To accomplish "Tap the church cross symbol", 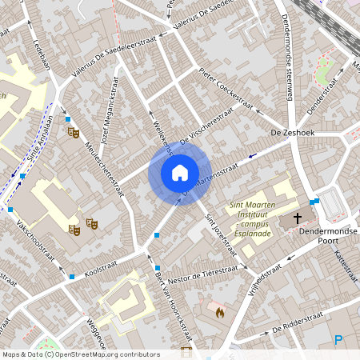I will [x=298, y=218].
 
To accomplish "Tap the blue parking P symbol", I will [x=338, y=340].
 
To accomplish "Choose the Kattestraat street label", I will [x=349, y=266].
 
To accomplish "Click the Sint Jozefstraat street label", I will [x=220, y=234].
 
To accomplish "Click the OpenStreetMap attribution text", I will [x=80, y=354].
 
